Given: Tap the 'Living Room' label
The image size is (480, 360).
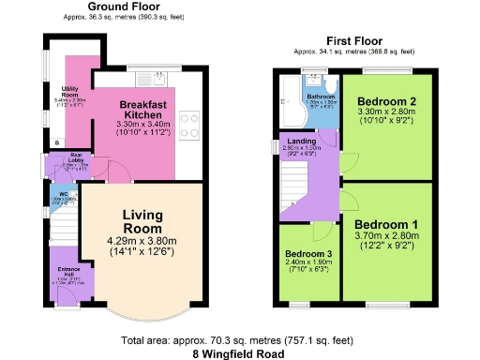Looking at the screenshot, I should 142,221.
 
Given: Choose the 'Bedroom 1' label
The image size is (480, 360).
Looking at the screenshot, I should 385,225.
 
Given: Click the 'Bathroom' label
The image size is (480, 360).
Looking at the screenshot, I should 320,96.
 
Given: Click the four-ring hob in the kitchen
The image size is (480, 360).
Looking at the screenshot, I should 187,124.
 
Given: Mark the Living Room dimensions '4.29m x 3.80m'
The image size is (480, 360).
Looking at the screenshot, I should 142,241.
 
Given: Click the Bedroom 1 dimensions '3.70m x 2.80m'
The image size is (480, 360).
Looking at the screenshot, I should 385,238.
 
